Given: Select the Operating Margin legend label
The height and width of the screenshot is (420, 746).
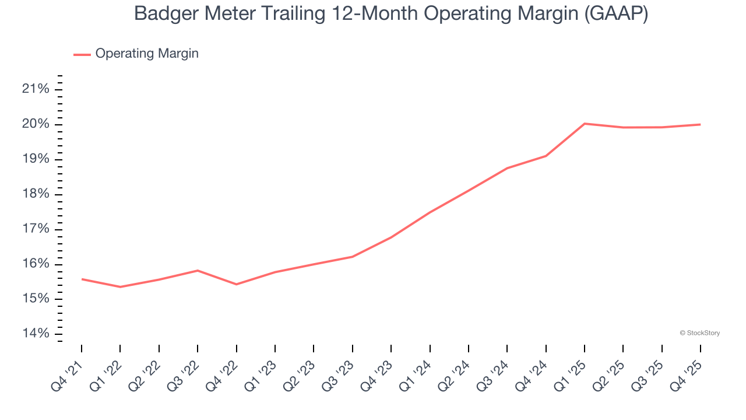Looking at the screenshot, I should [147, 54].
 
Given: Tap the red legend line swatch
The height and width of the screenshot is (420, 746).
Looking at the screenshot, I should [82, 54].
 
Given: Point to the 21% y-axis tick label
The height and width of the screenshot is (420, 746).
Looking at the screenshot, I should [36, 89].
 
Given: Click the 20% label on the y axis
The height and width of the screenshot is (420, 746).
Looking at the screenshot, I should [36, 124].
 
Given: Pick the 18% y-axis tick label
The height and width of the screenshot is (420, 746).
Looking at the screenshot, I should [36, 194].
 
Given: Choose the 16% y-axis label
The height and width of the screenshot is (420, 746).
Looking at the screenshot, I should [36, 264].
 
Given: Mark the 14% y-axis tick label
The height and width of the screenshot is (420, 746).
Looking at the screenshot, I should [36, 334].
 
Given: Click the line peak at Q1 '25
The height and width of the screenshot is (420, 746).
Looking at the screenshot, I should [584, 124].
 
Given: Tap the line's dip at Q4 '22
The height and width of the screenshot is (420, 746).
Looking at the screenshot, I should [236, 284].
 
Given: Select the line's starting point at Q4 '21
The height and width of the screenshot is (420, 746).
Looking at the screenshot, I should [82, 279].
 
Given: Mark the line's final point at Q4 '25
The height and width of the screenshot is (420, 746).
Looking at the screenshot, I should [700, 124].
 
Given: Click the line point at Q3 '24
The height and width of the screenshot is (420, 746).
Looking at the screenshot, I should [507, 168].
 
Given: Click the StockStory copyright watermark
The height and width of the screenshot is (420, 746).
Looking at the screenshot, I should [699, 333].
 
